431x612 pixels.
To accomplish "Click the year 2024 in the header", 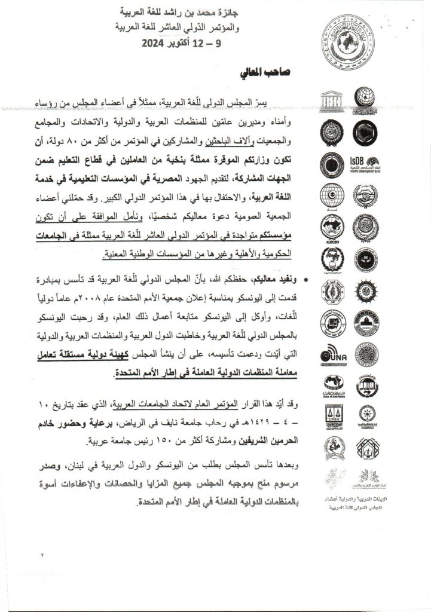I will click(158, 44).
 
